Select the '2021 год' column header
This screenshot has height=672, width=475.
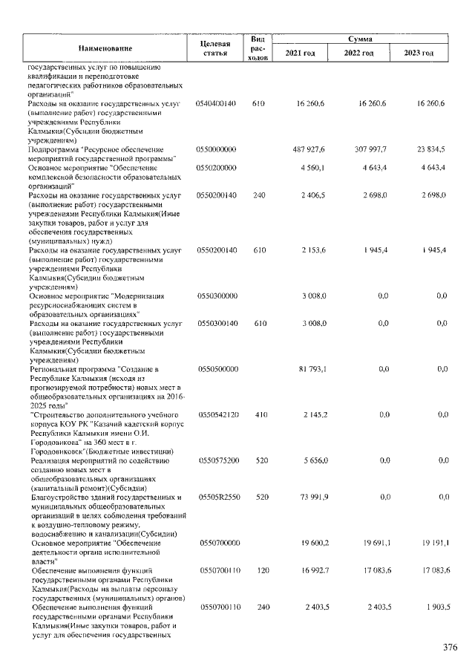300,53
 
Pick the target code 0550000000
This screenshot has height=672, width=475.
217,149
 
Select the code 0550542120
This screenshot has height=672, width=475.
217,414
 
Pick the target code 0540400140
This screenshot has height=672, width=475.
217,103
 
